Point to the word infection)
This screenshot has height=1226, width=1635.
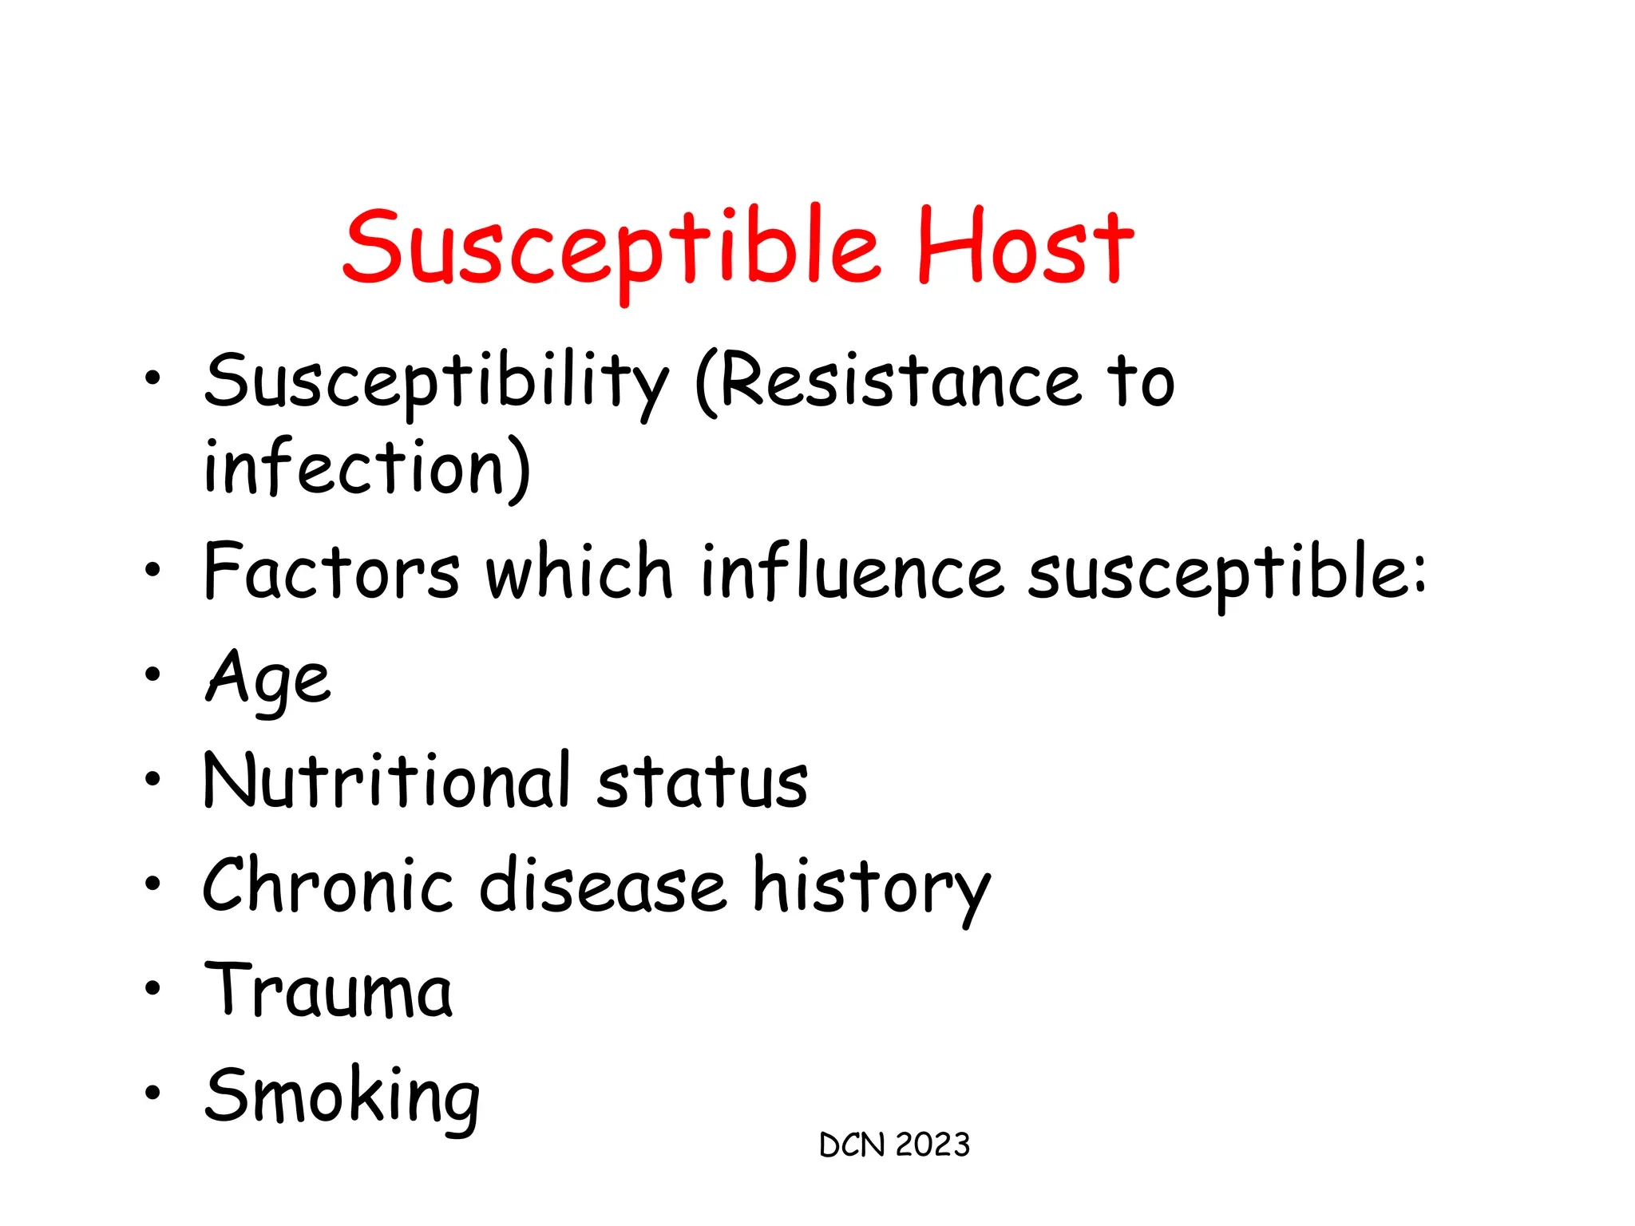click(367, 468)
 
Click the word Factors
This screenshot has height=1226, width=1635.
click(332, 571)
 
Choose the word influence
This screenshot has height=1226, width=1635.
click(851, 571)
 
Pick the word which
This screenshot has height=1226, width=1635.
click(580, 571)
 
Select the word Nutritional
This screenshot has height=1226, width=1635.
click(388, 781)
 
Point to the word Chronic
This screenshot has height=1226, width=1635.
click(328, 886)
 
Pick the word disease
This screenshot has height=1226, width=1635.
click(603, 886)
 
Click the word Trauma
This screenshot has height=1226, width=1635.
click(328, 990)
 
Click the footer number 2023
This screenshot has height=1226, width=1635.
click(932, 1145)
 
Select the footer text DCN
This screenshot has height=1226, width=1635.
click(852, 1145)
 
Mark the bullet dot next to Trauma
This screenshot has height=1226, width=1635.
click(152, 989)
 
